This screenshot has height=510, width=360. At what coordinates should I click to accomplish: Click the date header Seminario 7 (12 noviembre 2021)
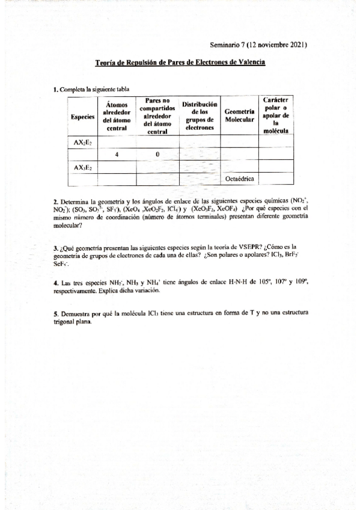click(259, 45)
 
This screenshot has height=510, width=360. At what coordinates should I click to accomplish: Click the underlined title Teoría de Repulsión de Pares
click(180, 62)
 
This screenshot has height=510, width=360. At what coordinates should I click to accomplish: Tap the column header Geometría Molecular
click(239, 115)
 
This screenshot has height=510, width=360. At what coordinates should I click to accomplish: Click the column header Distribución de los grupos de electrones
click(200, 115)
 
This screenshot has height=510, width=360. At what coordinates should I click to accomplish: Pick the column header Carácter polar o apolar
click(276, 115)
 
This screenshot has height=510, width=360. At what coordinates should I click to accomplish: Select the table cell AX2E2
click(83, 142)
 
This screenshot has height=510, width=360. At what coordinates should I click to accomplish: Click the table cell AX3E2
click(83, 167)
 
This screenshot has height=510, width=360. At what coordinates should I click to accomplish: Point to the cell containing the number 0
click(157, 155)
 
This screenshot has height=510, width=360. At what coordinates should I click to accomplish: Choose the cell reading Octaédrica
click(239, 179)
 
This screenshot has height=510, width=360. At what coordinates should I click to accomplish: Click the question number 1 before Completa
click(55, 89)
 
